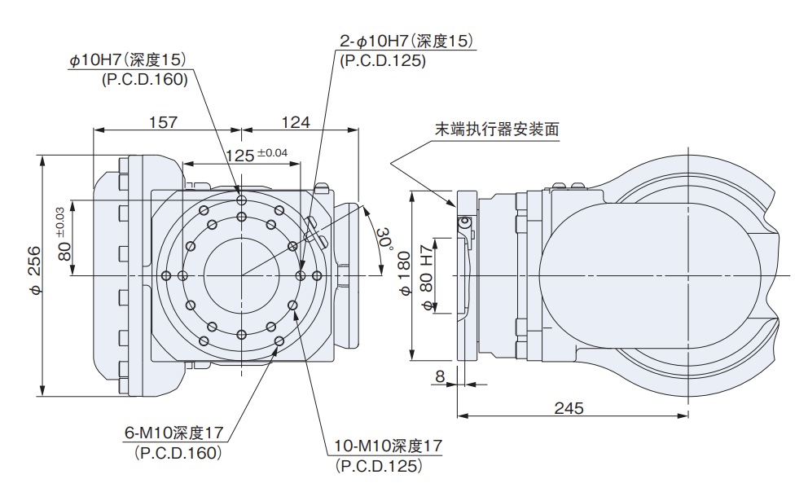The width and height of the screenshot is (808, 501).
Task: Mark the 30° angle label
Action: tap(384, 239)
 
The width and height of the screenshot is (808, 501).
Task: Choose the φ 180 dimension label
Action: tap(405, 275)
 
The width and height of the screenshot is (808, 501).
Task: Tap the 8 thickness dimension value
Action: tap(441, 376)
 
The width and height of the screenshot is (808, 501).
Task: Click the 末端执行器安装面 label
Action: tap(498, 129)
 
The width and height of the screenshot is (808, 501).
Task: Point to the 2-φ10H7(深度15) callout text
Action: tap(406, 41)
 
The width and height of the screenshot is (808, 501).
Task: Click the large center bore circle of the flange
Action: tap(241, 275)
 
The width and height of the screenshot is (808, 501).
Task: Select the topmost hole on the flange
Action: tap(240, 199)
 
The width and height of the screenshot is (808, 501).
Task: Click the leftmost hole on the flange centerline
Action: tap(166, 275)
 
